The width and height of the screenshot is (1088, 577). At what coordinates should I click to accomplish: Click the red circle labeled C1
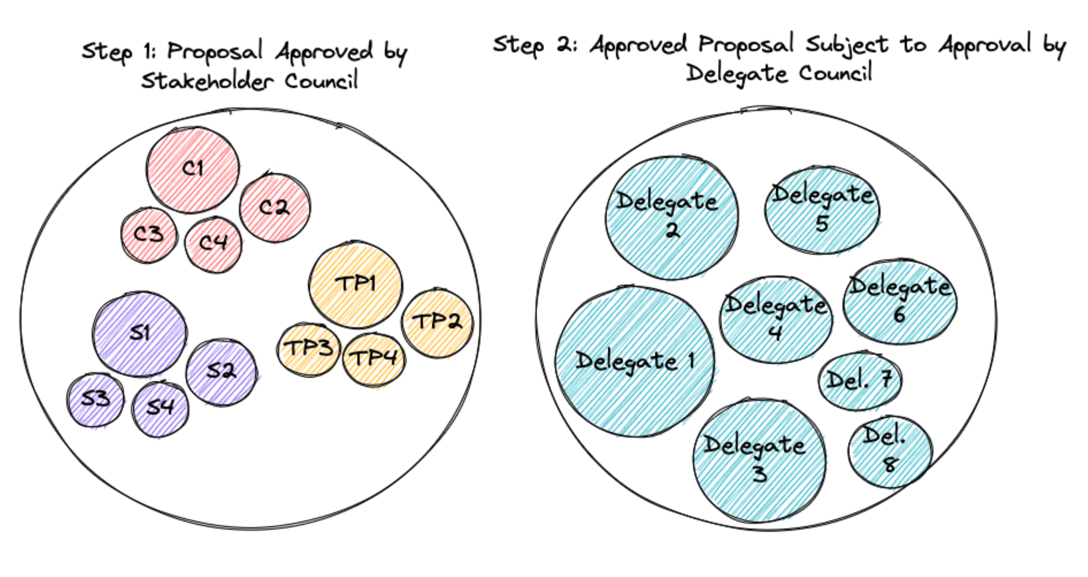pos(193,170)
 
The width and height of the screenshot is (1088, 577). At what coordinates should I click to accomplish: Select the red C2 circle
pos(275,208)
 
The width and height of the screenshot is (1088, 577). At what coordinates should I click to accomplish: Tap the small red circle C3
pos(149,235)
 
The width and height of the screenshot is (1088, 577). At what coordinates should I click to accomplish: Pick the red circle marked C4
pos(213,245)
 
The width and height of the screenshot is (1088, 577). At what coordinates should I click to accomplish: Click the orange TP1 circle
pos(356,285)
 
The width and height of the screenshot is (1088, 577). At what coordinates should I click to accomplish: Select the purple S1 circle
pos(140,334)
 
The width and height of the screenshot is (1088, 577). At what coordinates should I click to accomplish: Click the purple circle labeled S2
pos(221,372)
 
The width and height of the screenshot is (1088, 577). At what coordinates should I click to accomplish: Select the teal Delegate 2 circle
pos(671,217)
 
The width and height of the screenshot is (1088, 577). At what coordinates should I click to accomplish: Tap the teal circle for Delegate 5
pos(822,210)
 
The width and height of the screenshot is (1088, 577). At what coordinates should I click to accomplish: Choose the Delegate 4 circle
pos(776,319)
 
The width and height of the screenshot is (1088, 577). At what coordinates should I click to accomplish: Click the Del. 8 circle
pos(890,452)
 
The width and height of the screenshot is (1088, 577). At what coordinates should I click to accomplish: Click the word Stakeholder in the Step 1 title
pos(207,81)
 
